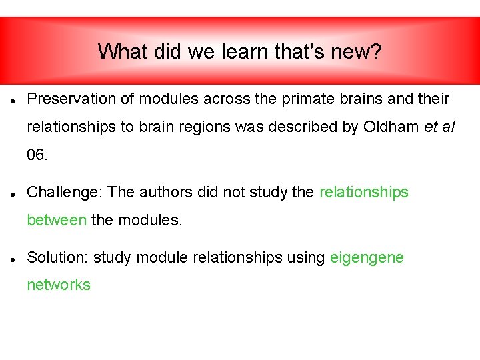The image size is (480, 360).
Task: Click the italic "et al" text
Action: point(439,127)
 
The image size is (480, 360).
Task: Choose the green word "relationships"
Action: point(364,193)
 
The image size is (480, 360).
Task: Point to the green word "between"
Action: point(57,220)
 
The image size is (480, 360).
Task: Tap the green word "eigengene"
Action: point(367,257)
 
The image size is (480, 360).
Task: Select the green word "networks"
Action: point(59,285)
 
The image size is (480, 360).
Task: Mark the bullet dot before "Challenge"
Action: point(13,194)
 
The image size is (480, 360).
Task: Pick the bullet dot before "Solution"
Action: point(13,259)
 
